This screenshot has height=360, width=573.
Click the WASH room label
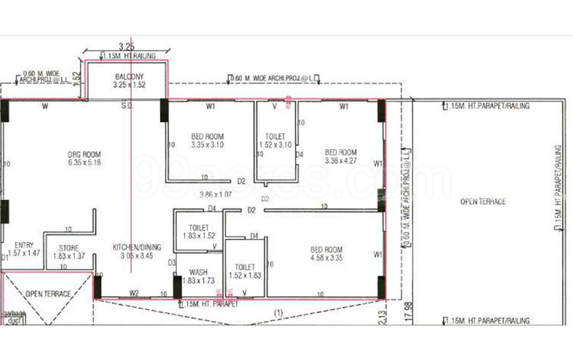click(x=198, y=273)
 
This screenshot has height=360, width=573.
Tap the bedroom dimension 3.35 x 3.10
click(x=208, y=145)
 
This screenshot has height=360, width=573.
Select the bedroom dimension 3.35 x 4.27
click(x=341, y=161)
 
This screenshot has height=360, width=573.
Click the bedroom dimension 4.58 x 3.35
click(x=328, y=258)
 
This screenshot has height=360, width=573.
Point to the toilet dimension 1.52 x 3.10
click(x=275, y=145)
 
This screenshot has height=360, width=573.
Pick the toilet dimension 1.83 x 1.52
click(x=199, y=237)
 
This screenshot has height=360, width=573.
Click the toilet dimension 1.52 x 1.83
click(x=245, y=276)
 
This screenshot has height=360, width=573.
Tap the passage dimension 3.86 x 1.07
click(x=215, y=195)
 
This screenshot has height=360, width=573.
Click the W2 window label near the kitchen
click(x=134, y=293)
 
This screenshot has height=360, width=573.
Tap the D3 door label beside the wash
click(x=172, y=262)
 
